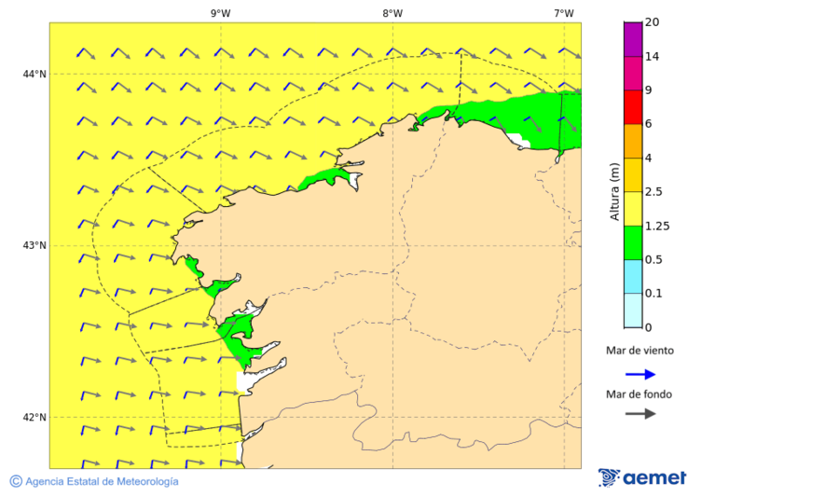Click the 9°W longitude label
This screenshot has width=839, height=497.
click(x=220, y=13)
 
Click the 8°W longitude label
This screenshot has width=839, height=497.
click(x=392, y=13)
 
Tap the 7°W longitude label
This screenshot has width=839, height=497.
click(x=563, y=13)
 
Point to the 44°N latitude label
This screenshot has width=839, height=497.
click(x=34, y=74)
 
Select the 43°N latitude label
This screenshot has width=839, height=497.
click(x=34, y=245)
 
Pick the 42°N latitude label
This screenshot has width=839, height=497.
click(x=34, y=417)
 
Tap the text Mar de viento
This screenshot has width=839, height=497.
click(x=640, y=352)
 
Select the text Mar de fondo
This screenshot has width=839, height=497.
click(x=640, y=394)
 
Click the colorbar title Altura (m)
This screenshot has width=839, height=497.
click(x=614, y=191)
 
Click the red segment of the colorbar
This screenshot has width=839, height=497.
click(x=633, y=107)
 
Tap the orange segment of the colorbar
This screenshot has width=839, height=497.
click(x=633, y=141)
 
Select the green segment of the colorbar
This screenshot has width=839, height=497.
click(x=633, y=242)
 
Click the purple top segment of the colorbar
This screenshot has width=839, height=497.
click(x=633, y=39)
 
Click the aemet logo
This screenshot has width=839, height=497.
click(x=642, y=477)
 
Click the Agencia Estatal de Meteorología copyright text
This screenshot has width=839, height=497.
click(x=94, y=481)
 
